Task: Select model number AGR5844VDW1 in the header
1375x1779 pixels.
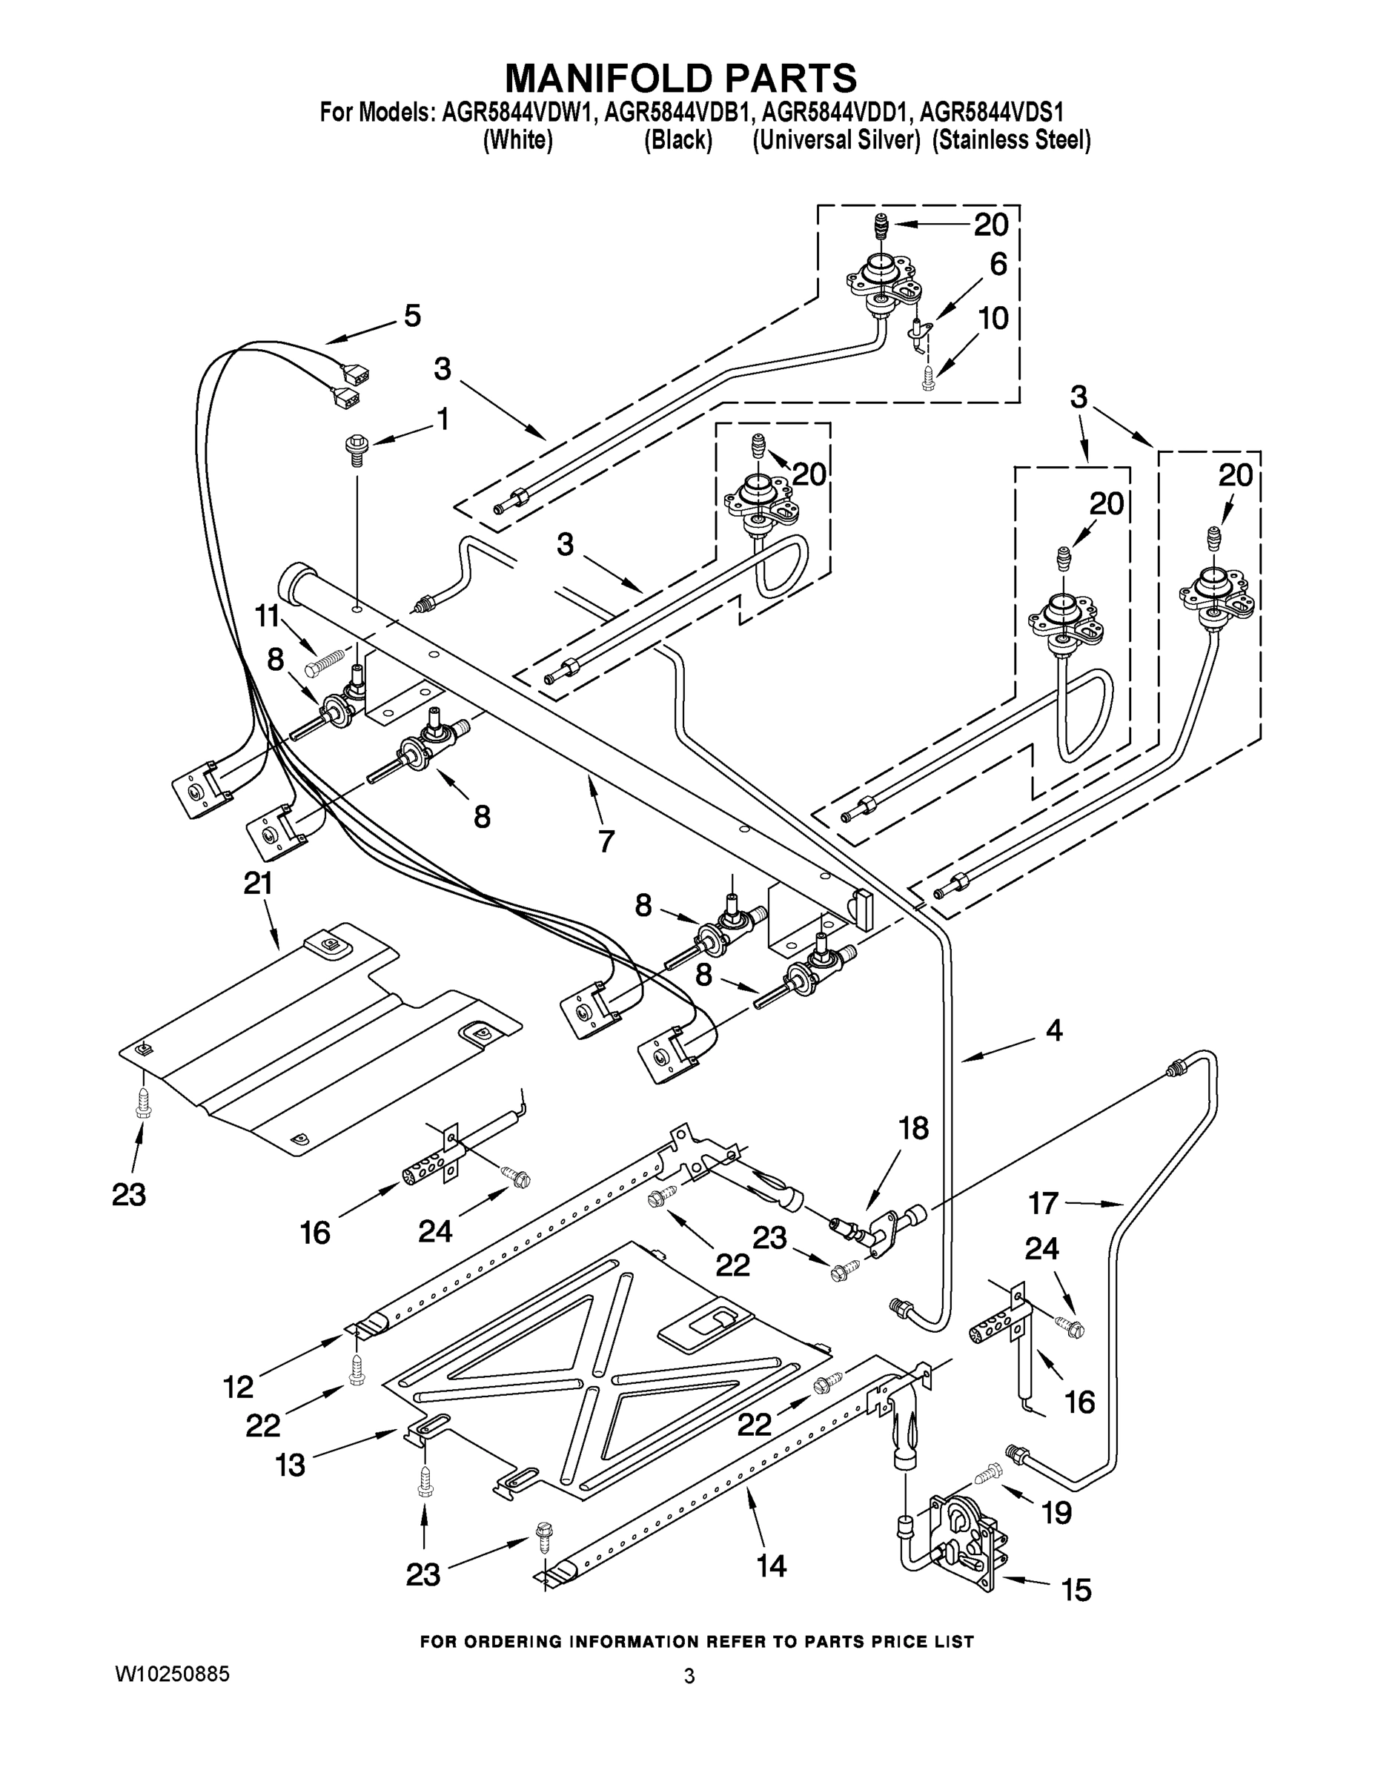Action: (x=518, y=112)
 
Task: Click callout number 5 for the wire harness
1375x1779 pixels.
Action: (x=412, y=316)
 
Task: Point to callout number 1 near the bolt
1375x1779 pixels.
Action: (x=443, y=420)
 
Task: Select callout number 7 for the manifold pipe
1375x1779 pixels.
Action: (x=606, y=841)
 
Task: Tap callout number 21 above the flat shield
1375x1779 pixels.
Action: (x=258, y=884)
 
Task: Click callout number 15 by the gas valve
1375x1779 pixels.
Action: (x=1077, y=1589)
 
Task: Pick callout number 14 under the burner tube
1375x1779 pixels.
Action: (x=772, y=1566)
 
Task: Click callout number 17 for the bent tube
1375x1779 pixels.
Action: (x=1043, y=1203)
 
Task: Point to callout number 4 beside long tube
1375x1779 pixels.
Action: (x=1053, y=1030)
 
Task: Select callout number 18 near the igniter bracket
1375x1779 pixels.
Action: (x=913, y=1128)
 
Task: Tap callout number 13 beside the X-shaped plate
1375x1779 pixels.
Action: (x=290, y=1465)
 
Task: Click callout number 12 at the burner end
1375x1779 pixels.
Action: (x=239, y=1387)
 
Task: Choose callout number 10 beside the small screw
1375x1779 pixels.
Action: (x=993, y=319)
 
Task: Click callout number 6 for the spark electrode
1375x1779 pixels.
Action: (x=998, y=265)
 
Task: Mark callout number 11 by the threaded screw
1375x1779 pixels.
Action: (x=267, y=617)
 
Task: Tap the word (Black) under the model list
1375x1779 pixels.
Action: (x=678, y=141)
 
